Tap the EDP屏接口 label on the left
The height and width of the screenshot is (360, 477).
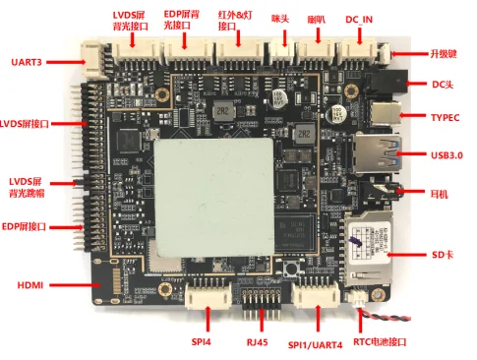(30, 227)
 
